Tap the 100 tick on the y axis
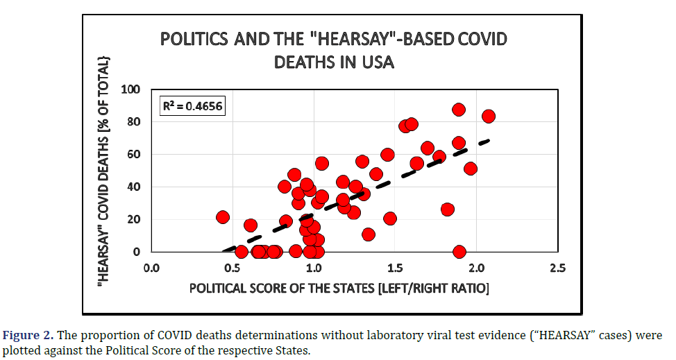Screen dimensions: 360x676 (130, 89)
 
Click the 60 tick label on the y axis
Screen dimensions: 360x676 (133, 154)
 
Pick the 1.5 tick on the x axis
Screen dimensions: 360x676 (395, 267)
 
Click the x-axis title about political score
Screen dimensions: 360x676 (339, 287)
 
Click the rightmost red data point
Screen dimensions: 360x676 (488, 116)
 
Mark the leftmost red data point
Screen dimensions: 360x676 (223, 217)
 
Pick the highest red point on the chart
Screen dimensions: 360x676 (459, 110)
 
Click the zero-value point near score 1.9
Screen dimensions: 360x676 (459, 251)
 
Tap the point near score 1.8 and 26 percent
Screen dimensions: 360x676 (448, 209)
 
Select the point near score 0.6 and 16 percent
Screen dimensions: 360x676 (251, 225)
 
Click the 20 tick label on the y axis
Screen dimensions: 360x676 (133, 219)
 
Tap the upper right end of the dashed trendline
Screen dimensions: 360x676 (489, 141)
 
